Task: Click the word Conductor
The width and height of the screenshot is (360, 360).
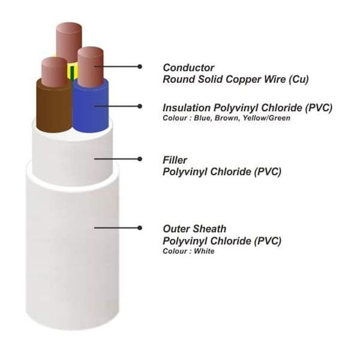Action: click(188, 68)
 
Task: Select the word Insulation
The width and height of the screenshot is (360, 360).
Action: click(187, 107)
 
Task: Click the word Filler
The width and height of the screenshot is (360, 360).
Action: click(175, 160)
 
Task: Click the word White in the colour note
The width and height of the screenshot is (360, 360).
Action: click(204, 251)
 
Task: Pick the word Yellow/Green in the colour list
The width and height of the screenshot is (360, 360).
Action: click(266, 118)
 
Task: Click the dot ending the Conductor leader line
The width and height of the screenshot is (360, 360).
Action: click(140, 67)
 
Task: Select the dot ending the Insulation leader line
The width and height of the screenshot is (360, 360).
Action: click(140, 106)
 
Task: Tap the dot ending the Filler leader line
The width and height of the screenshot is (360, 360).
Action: click(140, 159)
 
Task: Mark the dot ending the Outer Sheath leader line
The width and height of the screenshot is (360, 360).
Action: click(140, 228)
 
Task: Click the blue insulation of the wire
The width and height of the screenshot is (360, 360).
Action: click(90, 108)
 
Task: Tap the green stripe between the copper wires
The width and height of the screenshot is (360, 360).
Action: click(72, 73)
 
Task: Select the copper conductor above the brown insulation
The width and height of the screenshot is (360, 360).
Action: click(54, 71)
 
